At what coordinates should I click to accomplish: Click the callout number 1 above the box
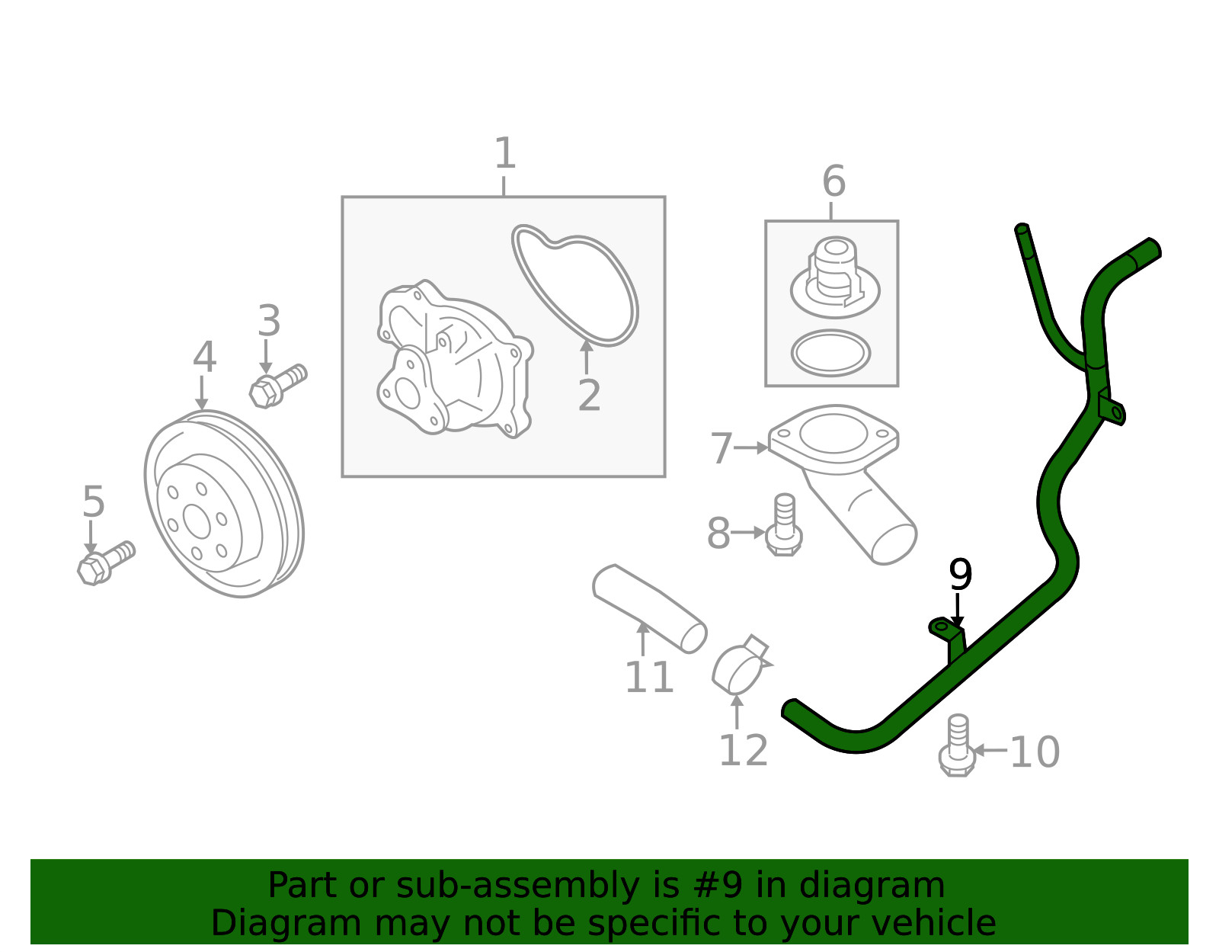(x=505, y=154)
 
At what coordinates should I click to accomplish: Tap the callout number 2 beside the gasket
(x=589, y=396)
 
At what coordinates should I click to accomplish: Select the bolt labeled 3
(x=277, y=385)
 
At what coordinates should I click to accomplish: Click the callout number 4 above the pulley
(x=204, y=357)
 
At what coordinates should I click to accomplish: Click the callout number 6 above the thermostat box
(x=833, y=181)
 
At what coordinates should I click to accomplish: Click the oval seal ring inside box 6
(x=830, y=353)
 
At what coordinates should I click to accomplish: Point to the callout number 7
(x=721, y=448)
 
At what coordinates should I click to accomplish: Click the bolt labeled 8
(x=784, y=527)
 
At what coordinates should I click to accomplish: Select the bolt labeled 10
(x=958, y=746)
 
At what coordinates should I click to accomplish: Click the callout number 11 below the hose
(x=649, y=677)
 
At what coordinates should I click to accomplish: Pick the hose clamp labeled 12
(x=741, y=665)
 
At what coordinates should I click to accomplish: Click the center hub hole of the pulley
(x=197, y=521)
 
